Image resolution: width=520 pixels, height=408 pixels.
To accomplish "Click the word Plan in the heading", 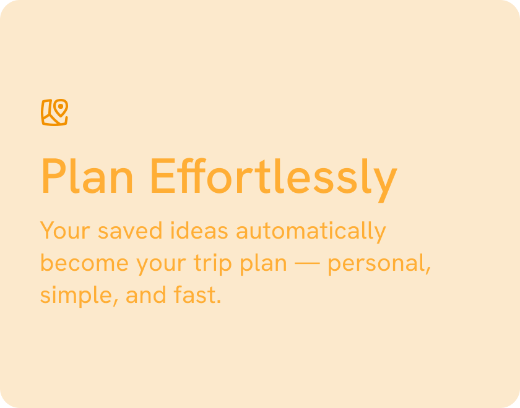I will coord(87,177).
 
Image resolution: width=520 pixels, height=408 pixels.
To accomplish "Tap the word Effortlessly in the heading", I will coord(273,177).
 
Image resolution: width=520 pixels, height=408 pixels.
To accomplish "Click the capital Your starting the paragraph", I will coord(66,231).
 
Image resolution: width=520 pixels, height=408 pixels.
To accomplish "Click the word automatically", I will coord(311,231).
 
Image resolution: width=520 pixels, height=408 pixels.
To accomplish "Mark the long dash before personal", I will coord(307,264).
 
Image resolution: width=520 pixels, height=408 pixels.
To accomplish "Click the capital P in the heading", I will coord(53,177).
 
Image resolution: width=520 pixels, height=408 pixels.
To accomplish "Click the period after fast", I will coord(219,302).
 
